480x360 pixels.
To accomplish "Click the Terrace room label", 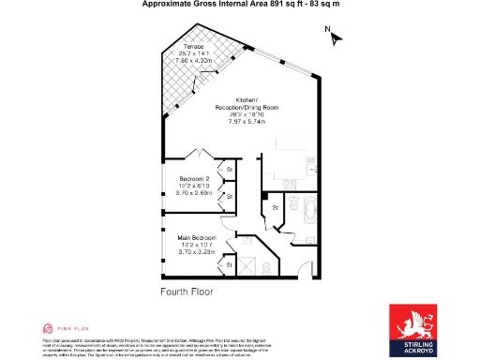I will pos(195,46).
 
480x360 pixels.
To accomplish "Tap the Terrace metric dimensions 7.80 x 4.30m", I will pos(195,60).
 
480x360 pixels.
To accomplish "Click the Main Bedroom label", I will pos(198,237).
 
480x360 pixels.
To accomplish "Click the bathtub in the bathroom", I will pos(307,213).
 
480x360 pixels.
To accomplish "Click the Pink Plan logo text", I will pos(71,327).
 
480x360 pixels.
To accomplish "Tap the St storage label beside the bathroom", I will pos(276,206).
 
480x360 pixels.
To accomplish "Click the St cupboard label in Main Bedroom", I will pos(229,265).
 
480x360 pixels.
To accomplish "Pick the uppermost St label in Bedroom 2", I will pos(229,169).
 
